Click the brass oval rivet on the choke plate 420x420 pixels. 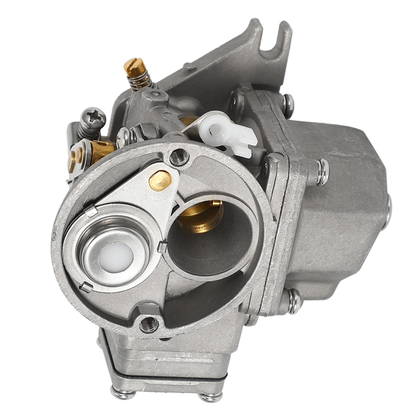pos(160,180)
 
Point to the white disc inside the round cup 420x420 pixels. pos(116,258)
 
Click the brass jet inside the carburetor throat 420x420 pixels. pos(202,216)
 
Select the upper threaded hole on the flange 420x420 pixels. pos(179,156)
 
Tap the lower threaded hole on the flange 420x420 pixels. pos(149,324)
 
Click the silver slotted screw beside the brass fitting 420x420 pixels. pos(124,138)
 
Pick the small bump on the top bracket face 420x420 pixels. pos(188,67)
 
